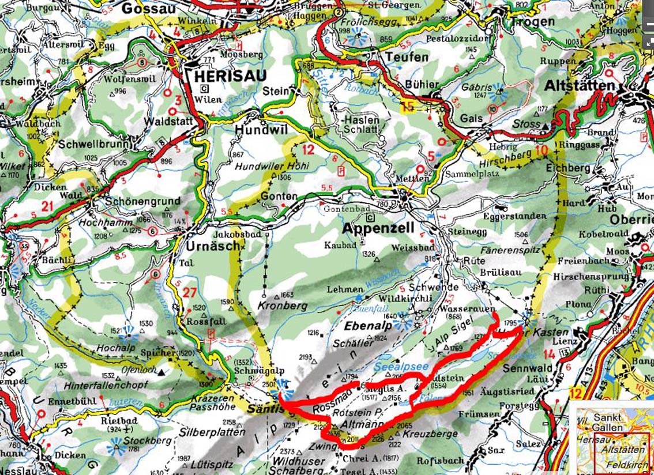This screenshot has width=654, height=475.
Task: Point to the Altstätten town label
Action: tap(580, 86)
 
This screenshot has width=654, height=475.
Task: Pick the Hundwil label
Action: tap(261, 131)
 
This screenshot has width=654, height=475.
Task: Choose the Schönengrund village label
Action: tap(143, 201)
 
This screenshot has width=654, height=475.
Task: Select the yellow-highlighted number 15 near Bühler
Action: tap(408, 106)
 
